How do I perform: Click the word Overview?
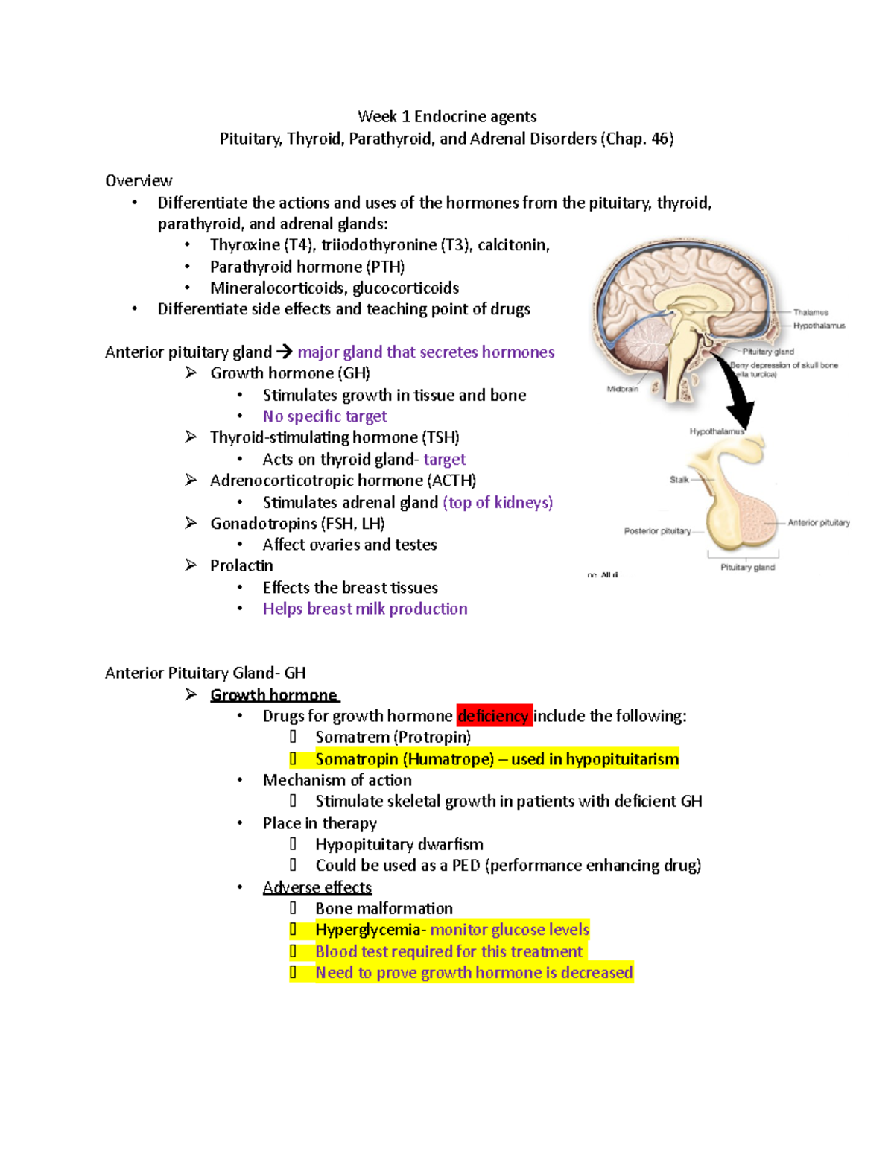pos(139,181)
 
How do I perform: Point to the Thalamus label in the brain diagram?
pos(811,312)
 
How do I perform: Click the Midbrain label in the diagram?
pos(622,389)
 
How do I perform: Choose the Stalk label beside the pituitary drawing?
pos(679,480)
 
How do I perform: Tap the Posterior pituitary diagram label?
pos(657,531)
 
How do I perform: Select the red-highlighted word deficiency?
pos(493,716)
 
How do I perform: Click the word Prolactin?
pos(241,565)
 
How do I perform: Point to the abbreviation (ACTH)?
pos(451,481)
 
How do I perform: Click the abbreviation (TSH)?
pos(440,437)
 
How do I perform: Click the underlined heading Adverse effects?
pos(317,887)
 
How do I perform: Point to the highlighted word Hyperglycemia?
pos(368,930)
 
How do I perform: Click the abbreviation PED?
pos(466,866)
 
